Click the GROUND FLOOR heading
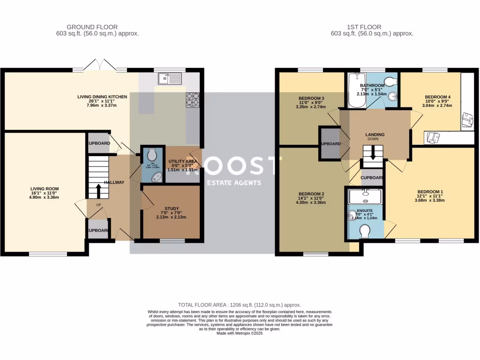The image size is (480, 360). tap(92, 27)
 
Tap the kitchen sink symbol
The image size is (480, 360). tap(169, 78)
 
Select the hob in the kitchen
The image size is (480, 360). tap(192, 100)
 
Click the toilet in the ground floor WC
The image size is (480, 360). tap(151, 155)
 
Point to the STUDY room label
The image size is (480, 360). tap(171, 209)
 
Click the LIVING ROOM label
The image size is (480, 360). tap(45, 189)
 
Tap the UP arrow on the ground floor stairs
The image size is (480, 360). tap(98, 190)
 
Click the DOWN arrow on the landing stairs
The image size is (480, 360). tap(373, 153)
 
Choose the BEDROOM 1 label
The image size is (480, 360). tap(430, 192)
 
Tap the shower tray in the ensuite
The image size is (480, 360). tap(366, 196)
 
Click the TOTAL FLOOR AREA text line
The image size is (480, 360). tap(240, 305)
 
